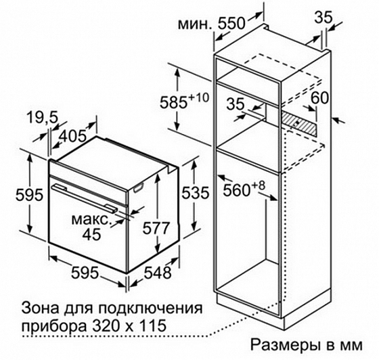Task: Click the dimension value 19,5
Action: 42,118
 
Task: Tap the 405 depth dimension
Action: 73,136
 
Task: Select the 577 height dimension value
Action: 156,228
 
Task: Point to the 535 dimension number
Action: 195,193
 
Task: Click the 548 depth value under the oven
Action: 158,273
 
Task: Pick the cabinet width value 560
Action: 236,190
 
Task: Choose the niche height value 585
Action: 173,102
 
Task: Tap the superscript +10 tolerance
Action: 198,98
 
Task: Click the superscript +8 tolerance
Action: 258,185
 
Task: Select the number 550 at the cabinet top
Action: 231,24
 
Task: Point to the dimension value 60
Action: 319,97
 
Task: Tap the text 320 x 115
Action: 129,325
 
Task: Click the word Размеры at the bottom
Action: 284,346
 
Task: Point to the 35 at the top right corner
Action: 324,18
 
